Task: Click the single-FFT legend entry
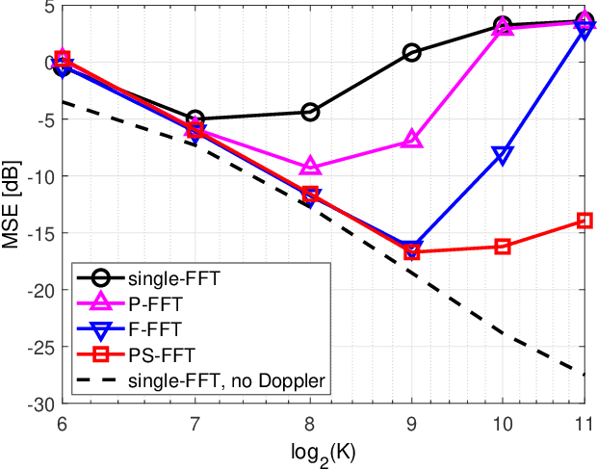pos(173,280)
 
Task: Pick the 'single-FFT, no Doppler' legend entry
pos(227,380)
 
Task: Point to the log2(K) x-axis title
pos(323,454)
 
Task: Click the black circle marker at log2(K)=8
pos(310,112)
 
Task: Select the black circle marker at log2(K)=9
pos(412,53)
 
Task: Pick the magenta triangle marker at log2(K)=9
pos(412,140)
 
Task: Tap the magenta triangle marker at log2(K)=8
pos(310,167)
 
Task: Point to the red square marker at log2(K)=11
pos(584,221)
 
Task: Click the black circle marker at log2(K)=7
pos(195,118)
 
